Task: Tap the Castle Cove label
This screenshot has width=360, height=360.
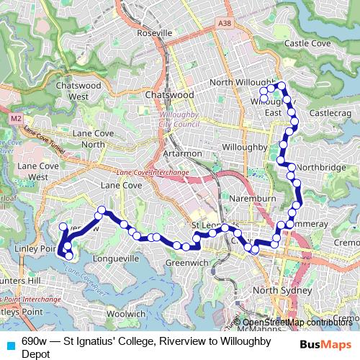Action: (307, 44)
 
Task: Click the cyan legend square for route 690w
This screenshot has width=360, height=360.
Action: (10, 344)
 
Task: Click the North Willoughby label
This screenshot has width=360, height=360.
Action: (244, 83)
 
